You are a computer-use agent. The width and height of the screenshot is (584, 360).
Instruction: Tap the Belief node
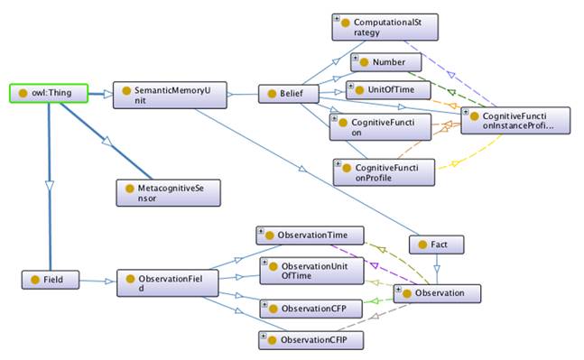pos(285,93)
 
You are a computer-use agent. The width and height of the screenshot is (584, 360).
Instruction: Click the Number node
pos(385,63)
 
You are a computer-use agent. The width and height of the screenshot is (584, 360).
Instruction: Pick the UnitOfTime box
pos(385,90)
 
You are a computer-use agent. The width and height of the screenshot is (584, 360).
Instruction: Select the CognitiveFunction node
pos(375,127)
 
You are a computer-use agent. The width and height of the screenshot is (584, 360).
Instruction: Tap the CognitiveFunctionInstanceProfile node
pos(514,120)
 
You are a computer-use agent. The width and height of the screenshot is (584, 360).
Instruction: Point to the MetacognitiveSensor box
pos(167,191)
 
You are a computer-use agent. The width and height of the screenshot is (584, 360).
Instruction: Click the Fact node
pos(436,245)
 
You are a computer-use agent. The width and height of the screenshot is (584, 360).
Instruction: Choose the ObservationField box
pos(161,284)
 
